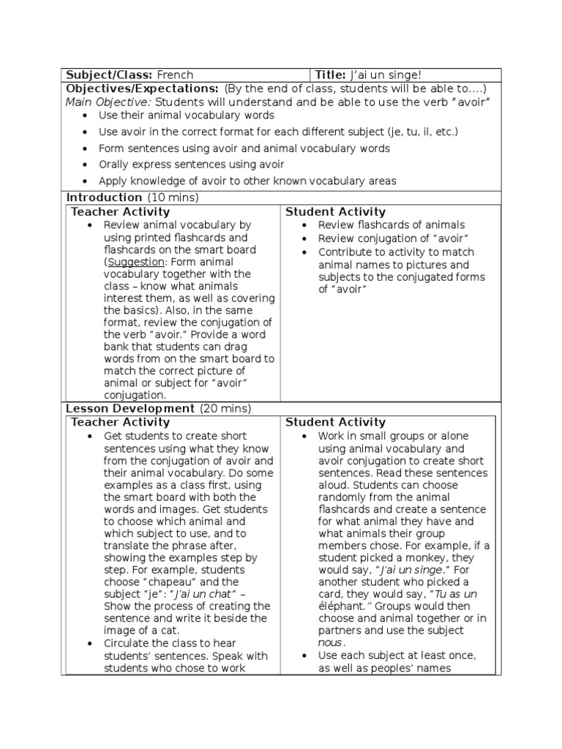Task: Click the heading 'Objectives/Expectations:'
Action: pos(142,89)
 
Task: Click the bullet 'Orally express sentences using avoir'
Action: pos(191,165)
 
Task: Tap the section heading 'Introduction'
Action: pos(105,197)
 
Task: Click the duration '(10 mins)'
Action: pos(173,197)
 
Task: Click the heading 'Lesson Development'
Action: pos(130,408)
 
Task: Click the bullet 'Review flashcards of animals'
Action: pos(391,225)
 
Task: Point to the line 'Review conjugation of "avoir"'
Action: pos(393,239)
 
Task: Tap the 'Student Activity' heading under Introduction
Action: pos(335,211)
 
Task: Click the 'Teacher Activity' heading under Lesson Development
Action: pos(120,422)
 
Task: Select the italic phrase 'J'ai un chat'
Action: pos(206,593)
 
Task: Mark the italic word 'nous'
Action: pos(330,643)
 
